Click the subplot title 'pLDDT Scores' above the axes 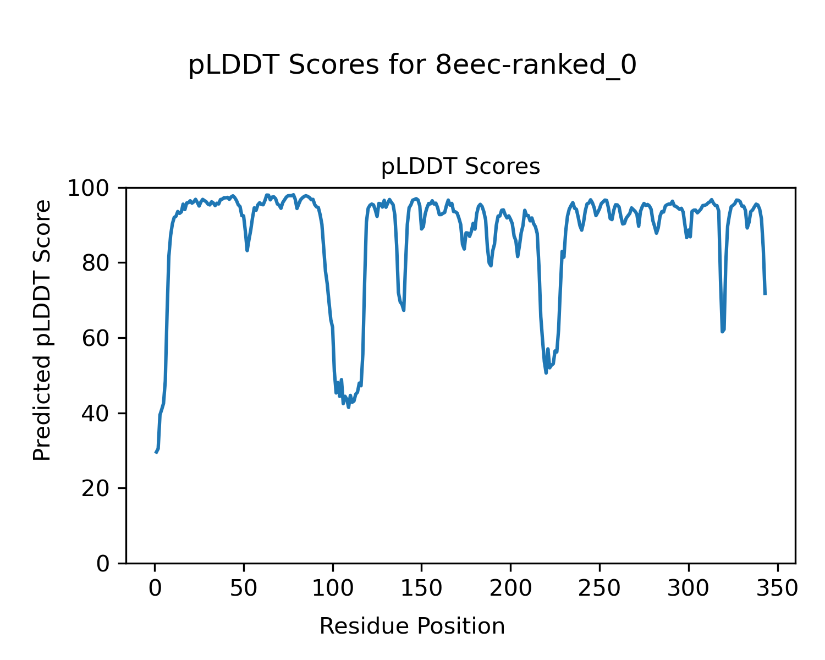click(460, 167)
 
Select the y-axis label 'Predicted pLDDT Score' click(42, 330)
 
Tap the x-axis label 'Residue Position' click(412, 626)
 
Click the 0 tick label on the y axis click(103, 564)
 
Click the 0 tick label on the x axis click(155, 588)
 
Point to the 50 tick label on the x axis click(244, 588)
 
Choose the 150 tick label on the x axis click(421, 588)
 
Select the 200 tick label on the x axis click(510, 588)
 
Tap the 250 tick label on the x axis click(599, 588)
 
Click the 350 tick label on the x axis click(777, 588)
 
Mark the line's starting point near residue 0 click(156, 452)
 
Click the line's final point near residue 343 click(765, 294)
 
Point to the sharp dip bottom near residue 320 click(723, 332)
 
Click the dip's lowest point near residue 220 click(546, 373)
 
